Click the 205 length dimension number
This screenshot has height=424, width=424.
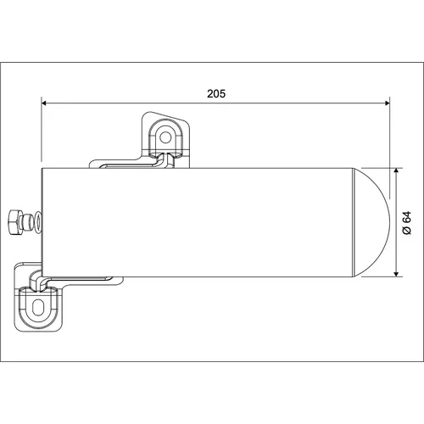pos(216,93)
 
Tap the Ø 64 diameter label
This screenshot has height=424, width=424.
pos(407,223)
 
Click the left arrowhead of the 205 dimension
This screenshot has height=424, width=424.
pos(45,103)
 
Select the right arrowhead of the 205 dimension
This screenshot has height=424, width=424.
pos(387,103)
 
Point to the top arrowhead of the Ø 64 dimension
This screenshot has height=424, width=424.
pos(396,171)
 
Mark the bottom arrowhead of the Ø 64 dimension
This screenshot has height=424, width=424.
pos(396,273)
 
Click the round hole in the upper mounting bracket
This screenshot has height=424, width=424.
pos(165,137)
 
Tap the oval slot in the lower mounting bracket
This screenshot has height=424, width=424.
pos(37,306)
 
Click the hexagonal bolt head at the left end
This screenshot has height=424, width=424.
pos(15,222)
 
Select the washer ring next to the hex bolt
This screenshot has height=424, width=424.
pos(38,222)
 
